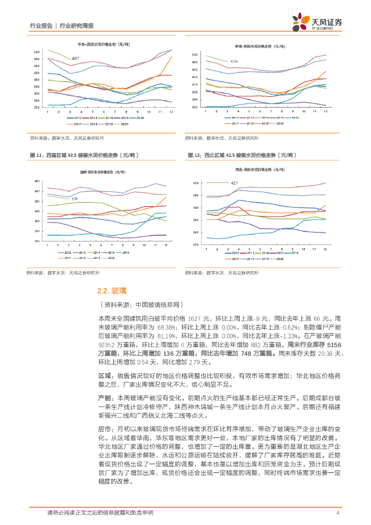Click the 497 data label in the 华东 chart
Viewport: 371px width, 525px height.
[x=75, y=59]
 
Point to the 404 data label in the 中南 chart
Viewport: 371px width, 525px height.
[x=234, y=62]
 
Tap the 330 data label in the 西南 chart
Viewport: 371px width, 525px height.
[x=74, y=199]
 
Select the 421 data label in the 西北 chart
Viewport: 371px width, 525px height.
[x=234, y=183]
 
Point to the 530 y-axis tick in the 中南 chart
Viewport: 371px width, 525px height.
[x=194, y=54]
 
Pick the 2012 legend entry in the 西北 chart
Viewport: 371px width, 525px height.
[x=234, y=253]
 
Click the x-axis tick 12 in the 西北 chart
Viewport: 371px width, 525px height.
[x=325, y=249]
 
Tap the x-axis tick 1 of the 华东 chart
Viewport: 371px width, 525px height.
[x=48, y=112]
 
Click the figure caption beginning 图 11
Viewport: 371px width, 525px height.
[x=83, y=155]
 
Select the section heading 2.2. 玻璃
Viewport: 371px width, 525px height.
[x=112, y=291]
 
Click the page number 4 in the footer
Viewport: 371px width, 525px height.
[x=338, y=513]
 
